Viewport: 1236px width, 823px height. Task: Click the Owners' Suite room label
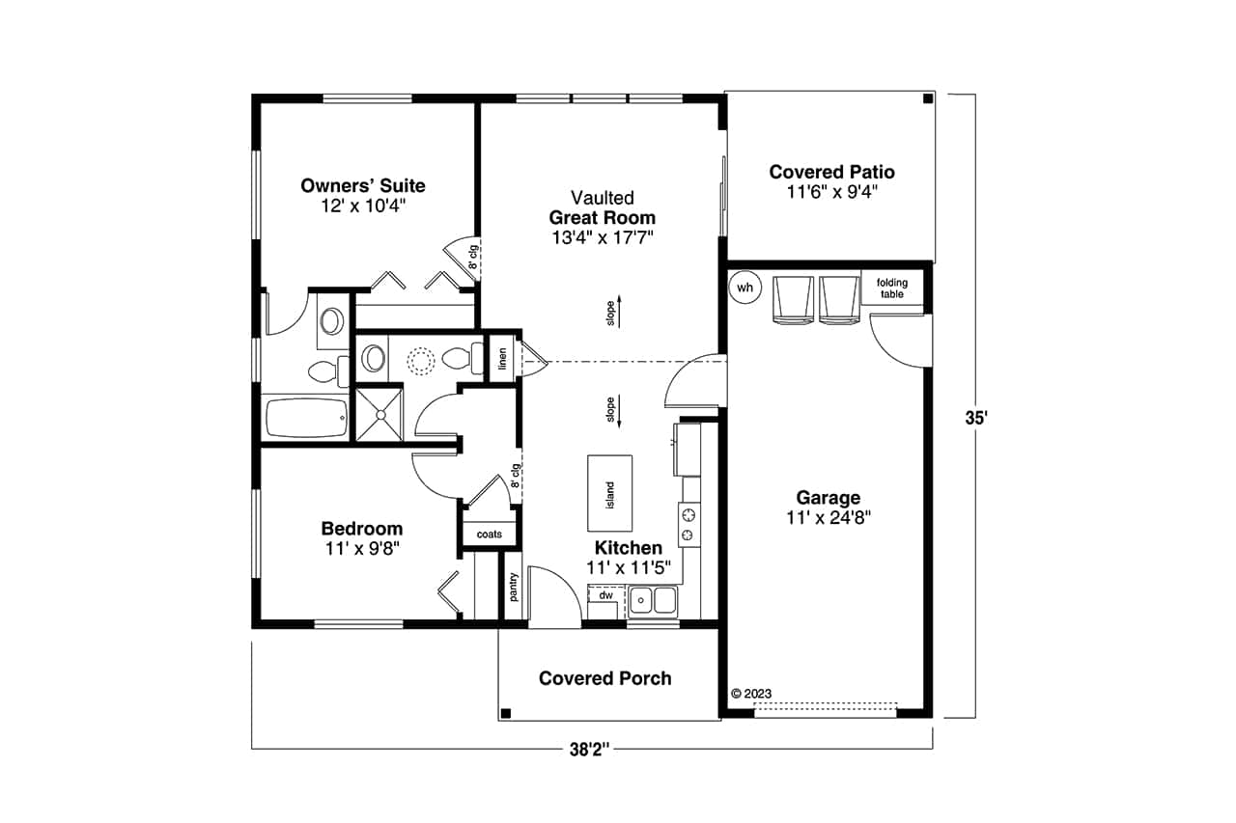362,185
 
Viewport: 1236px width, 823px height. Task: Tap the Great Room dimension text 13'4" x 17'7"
602,238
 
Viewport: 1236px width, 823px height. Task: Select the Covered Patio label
831,172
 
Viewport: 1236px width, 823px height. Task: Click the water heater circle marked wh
745,287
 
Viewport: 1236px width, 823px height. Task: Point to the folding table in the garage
891,288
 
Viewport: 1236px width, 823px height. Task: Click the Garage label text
828,498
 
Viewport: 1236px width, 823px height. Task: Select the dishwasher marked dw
605,595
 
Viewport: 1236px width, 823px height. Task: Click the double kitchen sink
654,600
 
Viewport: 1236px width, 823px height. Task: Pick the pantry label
514,586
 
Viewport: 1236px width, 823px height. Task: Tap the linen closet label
501,358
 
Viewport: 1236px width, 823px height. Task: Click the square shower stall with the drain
378,414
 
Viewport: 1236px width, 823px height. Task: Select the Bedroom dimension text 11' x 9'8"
362,548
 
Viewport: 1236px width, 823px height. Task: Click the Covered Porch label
604,678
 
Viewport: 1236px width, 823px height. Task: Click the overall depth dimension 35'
977,418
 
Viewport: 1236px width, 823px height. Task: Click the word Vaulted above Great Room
602,198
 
